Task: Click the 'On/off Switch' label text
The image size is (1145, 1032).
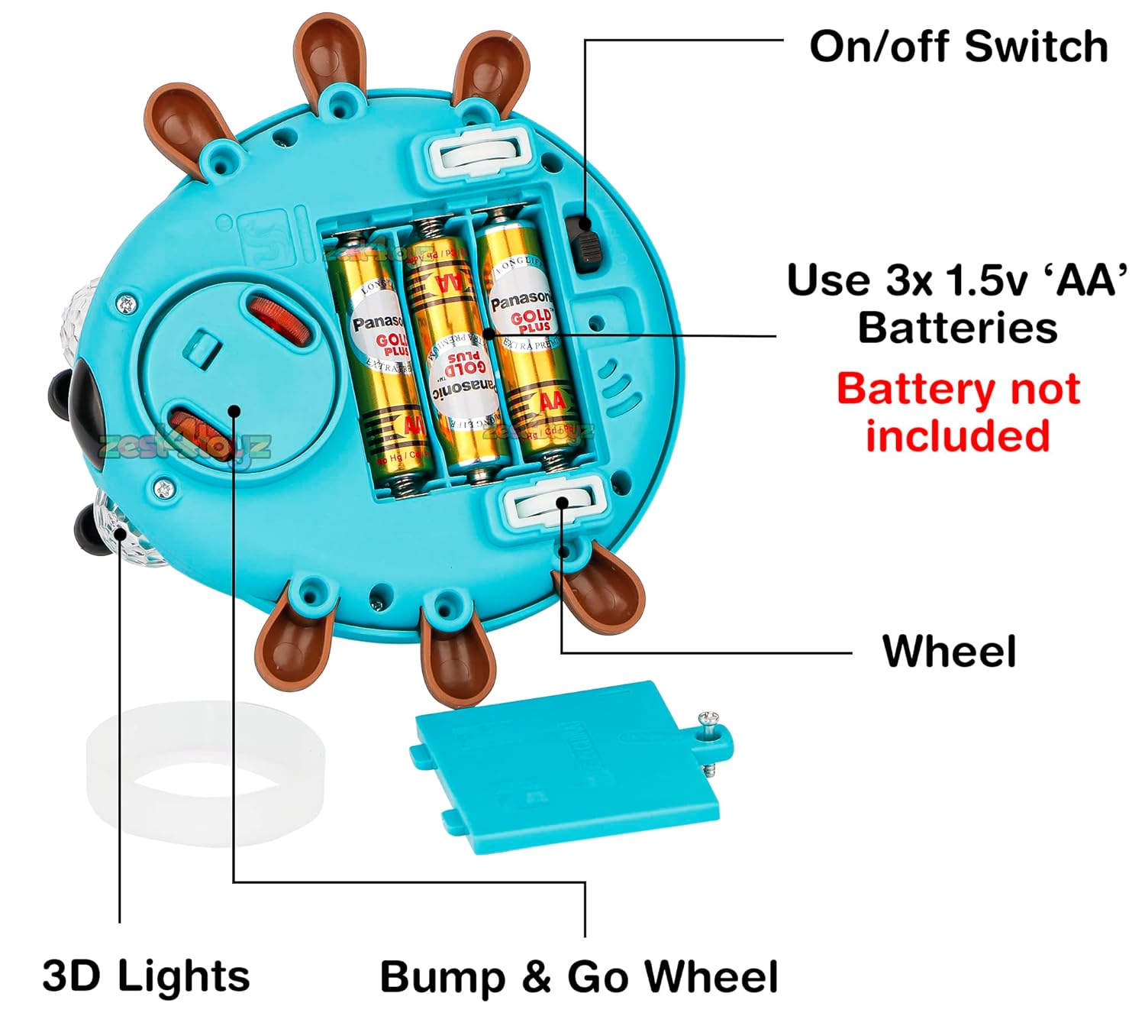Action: pyautogui.click(x=959, y=47)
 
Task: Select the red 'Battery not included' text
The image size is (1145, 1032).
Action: pyautogui.click(x=958, y=412)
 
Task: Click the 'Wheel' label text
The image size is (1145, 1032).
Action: pyautogui.click(x=950, y=652)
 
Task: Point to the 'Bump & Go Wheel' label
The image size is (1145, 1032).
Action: pyautogui.click(x=579, y=976)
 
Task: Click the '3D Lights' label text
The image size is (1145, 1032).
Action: pyautogui.click(x=146, y=975)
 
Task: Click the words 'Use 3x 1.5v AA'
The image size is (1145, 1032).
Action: pyautogui.click(x=957, y=280)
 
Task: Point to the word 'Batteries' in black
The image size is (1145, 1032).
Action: pyautogui.click(x=957, y=328)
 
